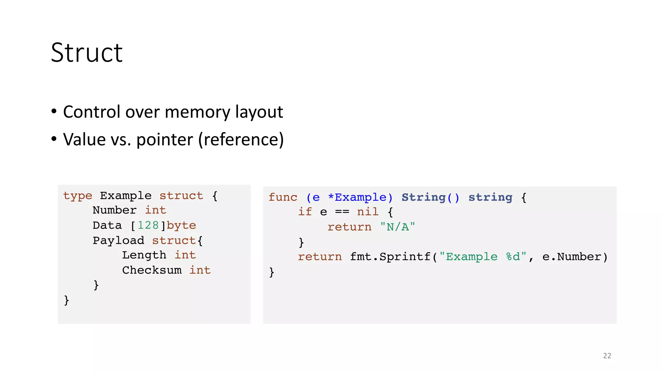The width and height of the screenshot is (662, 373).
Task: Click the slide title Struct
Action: [87, 53]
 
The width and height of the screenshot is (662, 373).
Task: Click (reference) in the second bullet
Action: [241, 140]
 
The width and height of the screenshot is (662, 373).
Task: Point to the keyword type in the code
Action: [78, 196]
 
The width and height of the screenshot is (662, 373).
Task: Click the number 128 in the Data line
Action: [148, 225]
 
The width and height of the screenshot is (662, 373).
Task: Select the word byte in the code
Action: [181, 225]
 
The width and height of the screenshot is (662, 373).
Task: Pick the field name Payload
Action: [118, 241]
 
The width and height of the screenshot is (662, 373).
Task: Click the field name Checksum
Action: [152, 270]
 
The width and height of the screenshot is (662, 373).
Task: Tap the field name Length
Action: [144, 255]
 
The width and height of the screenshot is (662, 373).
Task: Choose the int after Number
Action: [155, 210]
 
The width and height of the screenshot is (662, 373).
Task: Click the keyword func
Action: [283, 198]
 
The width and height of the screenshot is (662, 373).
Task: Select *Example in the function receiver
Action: [357, 198]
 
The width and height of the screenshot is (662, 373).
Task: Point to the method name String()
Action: [430, 198]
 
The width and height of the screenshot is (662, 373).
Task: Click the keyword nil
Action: [368, 212]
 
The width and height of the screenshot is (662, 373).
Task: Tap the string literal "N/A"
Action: [397, 227]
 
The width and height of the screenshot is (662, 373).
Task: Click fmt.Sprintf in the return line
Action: [390, 257]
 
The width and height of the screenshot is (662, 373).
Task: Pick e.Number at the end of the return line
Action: [571, 257]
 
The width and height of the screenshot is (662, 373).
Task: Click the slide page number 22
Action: [607, 356]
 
